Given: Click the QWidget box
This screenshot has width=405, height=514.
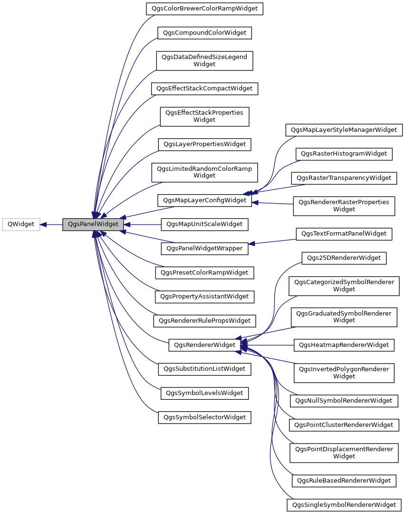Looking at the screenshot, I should pos(21,224).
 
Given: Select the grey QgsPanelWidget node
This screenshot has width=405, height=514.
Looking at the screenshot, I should pos(93,224).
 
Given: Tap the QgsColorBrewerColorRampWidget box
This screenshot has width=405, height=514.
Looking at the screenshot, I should pos(204,9).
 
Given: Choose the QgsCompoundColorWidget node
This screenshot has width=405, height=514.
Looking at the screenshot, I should pos(204,33).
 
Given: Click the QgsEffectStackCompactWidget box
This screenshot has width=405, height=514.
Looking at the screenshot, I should pos(204,89).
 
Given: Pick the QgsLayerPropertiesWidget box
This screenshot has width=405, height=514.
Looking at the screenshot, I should pos(204,144).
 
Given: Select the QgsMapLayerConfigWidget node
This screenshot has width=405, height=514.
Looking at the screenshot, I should pos(204,200).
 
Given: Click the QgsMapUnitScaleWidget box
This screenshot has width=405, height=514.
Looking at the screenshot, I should pos(204,224).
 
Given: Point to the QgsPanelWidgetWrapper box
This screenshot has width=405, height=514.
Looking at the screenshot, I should pos(204,248).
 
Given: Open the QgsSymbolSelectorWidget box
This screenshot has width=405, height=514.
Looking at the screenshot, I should pos(204,417).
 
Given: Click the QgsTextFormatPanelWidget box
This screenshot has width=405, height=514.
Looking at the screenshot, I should pos(344,234).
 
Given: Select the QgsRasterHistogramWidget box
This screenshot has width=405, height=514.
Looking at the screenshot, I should pos(344,154).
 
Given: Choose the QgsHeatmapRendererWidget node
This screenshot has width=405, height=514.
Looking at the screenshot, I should pos(344,345).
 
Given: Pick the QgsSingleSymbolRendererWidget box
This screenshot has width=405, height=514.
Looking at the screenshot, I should pos(344,504).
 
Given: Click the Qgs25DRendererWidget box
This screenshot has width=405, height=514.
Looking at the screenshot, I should pos(344,258).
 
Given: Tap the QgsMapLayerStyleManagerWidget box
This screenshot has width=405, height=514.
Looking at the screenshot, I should pos(344,129).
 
